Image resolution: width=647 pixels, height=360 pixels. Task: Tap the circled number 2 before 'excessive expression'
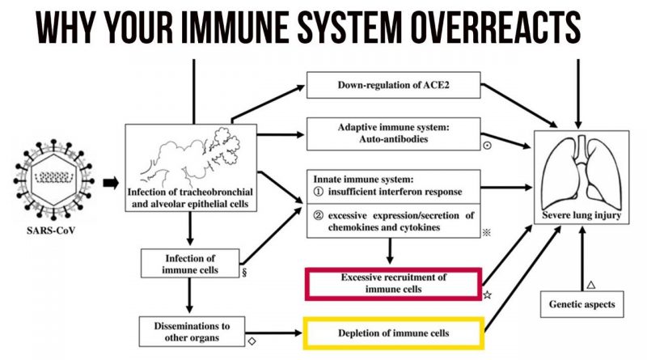coord(318,214)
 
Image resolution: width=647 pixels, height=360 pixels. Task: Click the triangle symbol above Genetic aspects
coord(591,285)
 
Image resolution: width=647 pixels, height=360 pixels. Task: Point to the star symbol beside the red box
coord(488,296)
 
